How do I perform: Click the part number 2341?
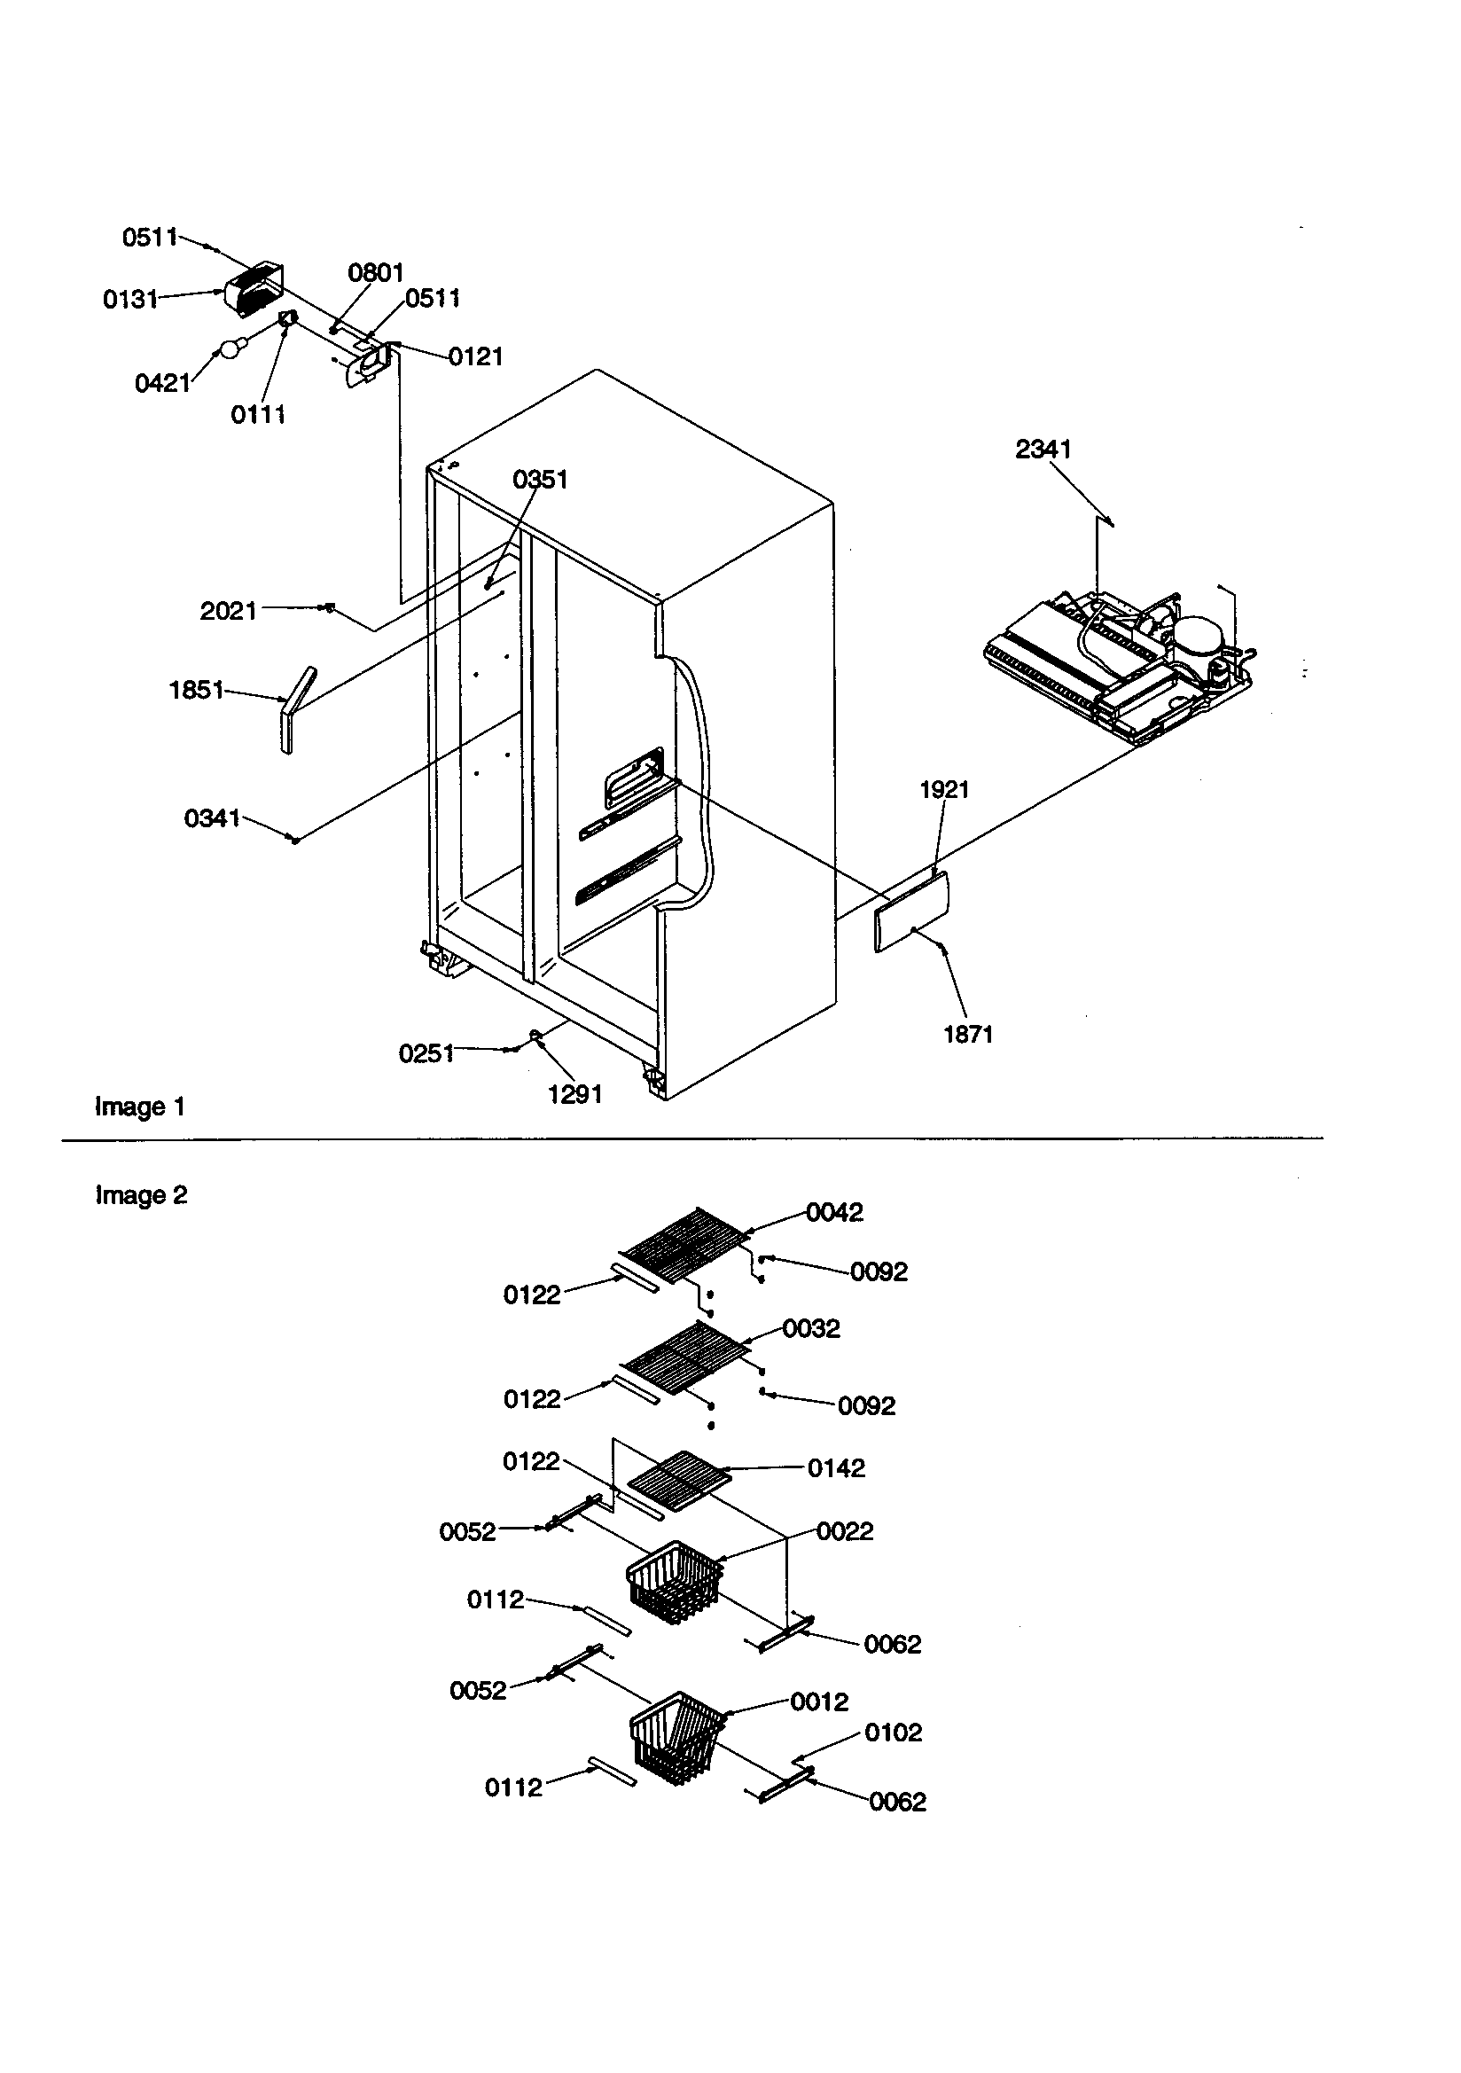(1043, 449)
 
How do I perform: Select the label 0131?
(130, 300)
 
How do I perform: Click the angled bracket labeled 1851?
(294, 709)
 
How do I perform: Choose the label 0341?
(211, 818)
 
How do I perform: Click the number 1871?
(968, 1035)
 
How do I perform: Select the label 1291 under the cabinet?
(575, 1094)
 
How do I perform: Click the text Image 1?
(140, 1107)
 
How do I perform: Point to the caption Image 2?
(141, 1195)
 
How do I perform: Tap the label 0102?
(893, 1733)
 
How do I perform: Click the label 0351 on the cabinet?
(540, 480)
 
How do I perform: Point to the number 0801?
(376, 273)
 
